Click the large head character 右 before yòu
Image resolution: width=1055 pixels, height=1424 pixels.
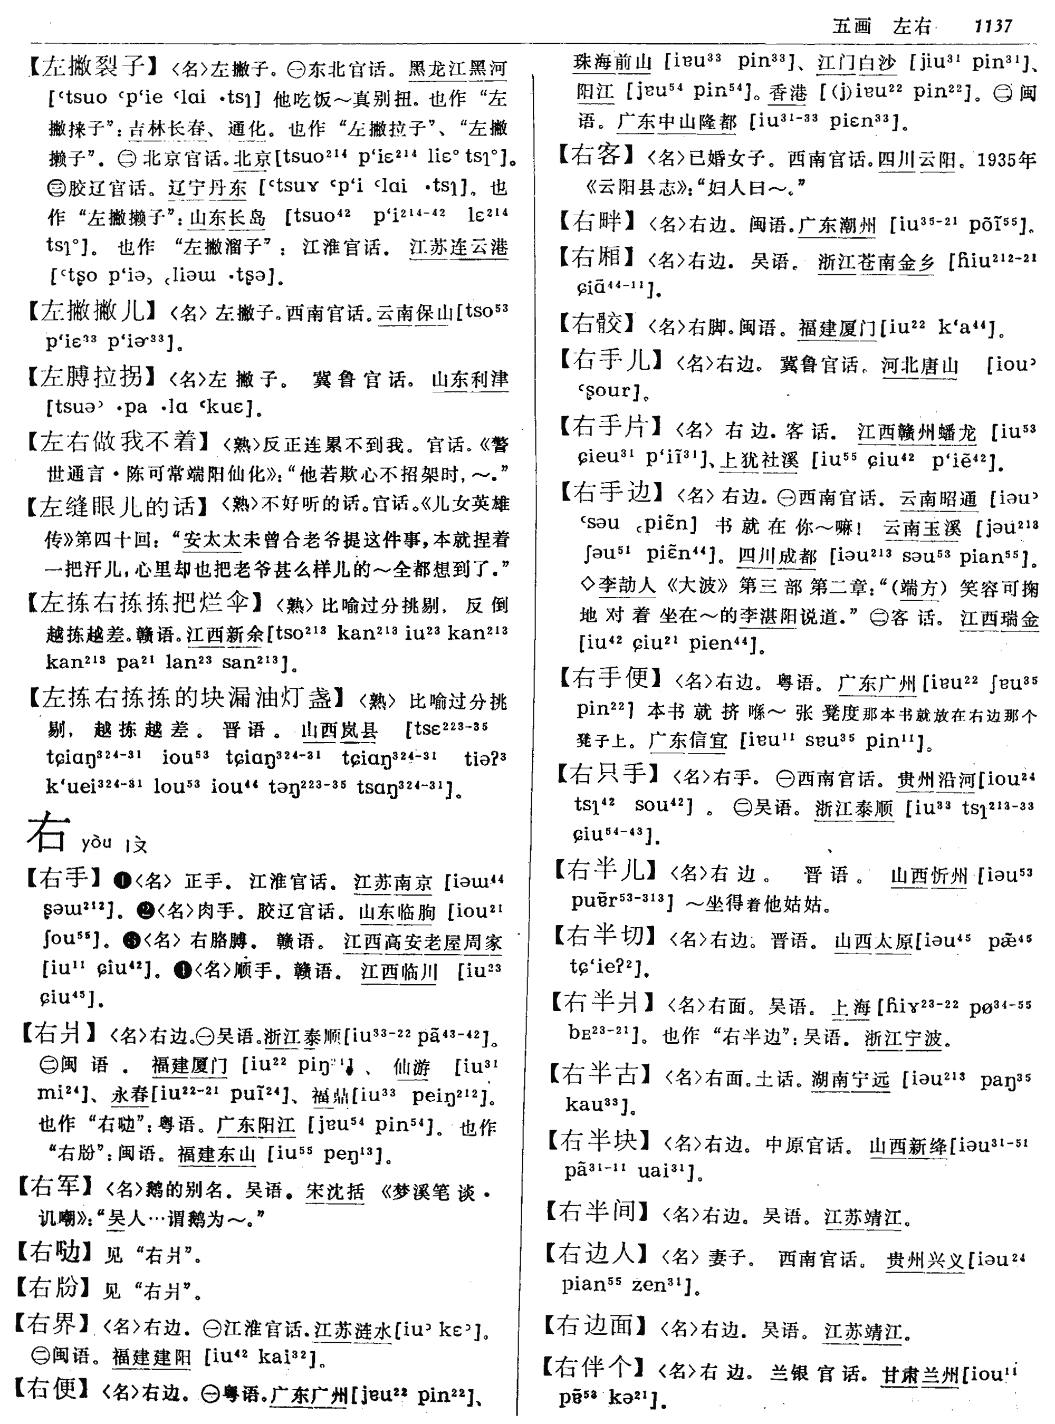(48, 833)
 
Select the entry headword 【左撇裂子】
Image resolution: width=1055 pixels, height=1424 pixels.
(94, 66)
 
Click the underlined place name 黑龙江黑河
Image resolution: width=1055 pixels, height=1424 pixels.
(457, 69)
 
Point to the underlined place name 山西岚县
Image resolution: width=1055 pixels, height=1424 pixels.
(339, 730)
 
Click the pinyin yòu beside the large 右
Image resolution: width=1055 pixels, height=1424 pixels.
(97, 843)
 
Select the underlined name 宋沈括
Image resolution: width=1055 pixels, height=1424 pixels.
(334, 1191)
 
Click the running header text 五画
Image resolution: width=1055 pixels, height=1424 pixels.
(852, 27)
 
